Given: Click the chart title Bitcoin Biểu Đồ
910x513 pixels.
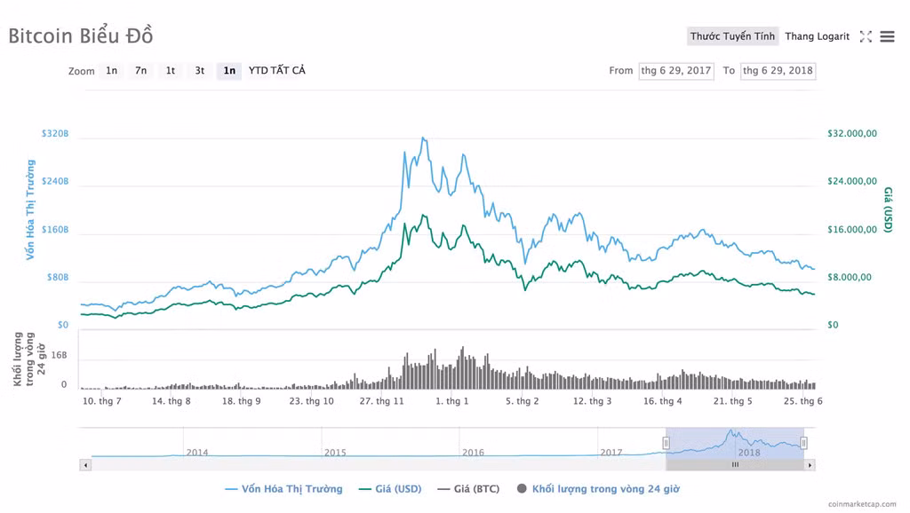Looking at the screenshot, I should [x=81, y=36].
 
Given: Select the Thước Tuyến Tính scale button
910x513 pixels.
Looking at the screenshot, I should [x=732, y=36].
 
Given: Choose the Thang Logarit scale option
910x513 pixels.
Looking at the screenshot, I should [x=817, y=36].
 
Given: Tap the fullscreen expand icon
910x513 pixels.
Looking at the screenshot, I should [x=866, y=36].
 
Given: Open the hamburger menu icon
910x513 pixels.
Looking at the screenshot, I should [x=887, y=36].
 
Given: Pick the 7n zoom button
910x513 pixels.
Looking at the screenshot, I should [x=141, y=71].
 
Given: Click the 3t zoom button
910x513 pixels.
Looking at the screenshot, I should [x=200, y=71].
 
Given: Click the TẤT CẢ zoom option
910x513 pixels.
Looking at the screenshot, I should [x=287, y=71].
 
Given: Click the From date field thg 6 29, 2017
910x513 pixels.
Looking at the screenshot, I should [x=676, y=71].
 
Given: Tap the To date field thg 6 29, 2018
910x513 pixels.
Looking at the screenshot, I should [x=778, y=71].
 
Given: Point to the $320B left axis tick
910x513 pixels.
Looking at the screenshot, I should [x=55, y=134].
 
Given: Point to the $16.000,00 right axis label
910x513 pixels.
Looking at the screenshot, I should [x=851, y=230].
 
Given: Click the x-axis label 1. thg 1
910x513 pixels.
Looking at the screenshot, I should [x=451, y=401].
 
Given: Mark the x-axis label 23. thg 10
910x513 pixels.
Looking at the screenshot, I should [x=311, y=401].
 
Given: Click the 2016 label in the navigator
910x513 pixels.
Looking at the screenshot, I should [x=473, y=453].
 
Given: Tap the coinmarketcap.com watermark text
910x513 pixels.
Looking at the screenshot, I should [x=861, y=504].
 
